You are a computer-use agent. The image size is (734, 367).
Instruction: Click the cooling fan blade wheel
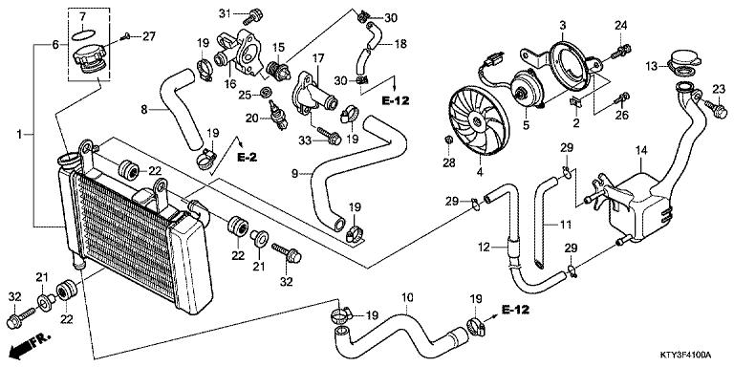click(479, 122)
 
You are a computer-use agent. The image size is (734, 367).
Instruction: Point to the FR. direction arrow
click(30, 345)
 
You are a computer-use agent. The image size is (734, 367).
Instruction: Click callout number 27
click(148, 36)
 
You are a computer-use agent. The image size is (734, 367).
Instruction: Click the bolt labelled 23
click(715, 108)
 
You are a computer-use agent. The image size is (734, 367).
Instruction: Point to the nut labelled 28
click(447, 139)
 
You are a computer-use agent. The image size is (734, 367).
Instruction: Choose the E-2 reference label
click(248, 158)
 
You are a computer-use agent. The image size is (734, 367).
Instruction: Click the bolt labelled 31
click(253, 16)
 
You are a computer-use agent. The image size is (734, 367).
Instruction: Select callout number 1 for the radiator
click(19, 135)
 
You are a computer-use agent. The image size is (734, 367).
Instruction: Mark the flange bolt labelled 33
click(330, 136)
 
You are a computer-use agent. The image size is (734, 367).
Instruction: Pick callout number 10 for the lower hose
click(408, 297)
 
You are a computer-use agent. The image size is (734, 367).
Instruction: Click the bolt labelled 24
click(620, 53)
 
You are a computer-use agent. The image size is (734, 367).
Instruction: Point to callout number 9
click(294, 174)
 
